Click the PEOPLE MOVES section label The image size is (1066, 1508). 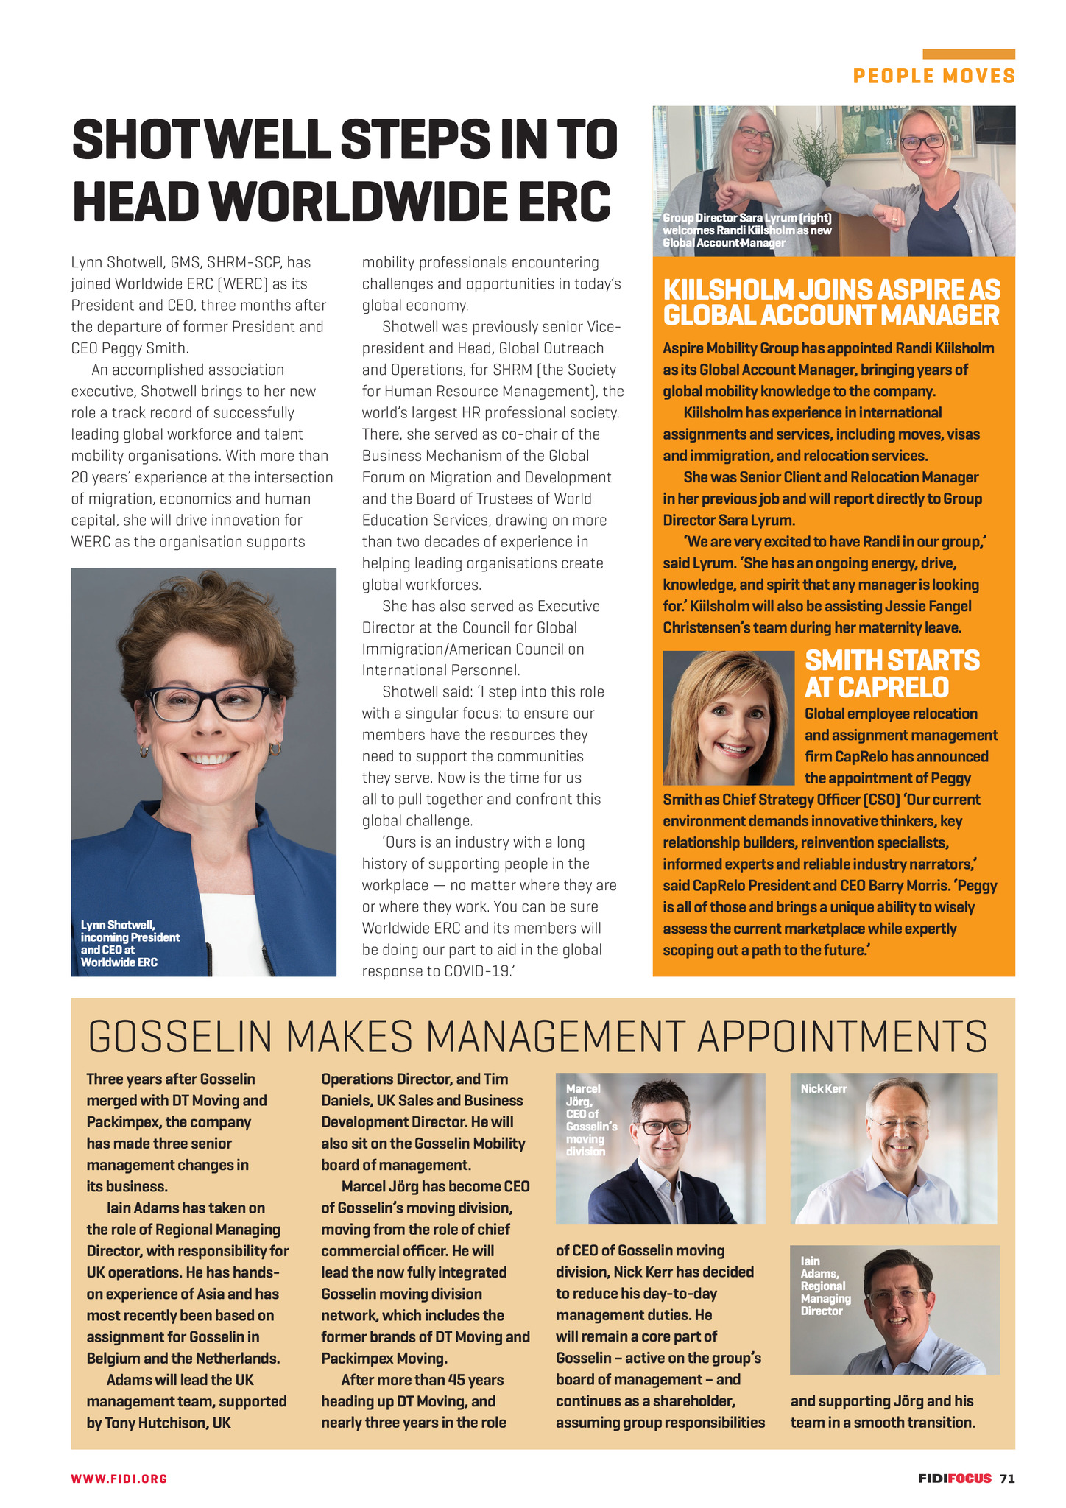pos(933,76)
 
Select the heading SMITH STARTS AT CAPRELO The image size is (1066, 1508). pos(892,673)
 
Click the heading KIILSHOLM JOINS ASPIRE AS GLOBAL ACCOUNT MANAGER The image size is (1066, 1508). pos(831,302)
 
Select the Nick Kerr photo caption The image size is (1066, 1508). pos(824,1088)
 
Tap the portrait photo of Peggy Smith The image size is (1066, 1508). pos(728,718)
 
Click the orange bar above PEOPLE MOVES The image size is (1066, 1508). pos(968,54)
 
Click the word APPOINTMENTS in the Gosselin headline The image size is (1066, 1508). pos(841,1037)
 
